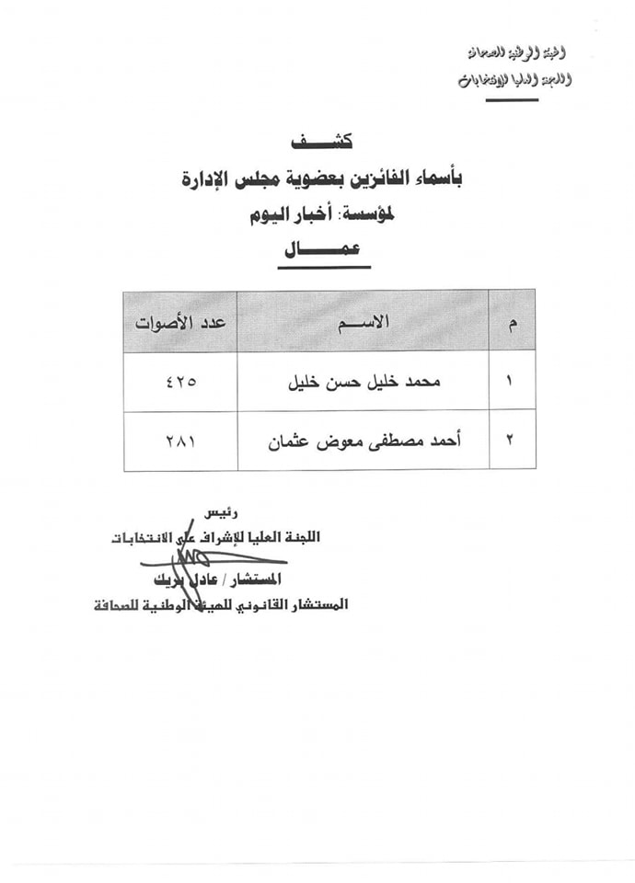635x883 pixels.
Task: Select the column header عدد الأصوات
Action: coord(180,322)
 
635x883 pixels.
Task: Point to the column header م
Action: coord(513,322)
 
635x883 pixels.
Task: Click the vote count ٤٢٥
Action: coord(180,381)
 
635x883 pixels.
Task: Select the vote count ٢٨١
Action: coord(180,440)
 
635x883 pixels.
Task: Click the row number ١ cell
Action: coord(512,381)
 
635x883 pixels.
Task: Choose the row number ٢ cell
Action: coord(512,440)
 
